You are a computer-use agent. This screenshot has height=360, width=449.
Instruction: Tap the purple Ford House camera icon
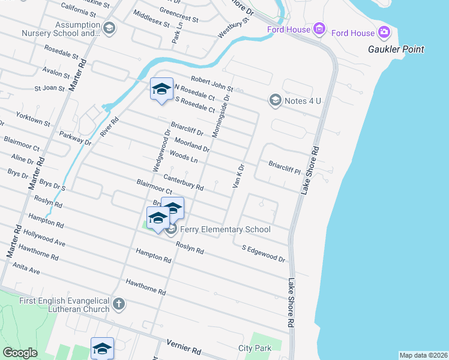[x=384, y=32]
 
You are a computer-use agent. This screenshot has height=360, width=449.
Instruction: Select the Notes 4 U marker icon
[x=276, y=100]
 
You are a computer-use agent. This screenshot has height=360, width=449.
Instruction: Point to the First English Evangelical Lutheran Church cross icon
[x=118, y=304]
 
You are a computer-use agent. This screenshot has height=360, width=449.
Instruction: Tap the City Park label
[x=255, y=348]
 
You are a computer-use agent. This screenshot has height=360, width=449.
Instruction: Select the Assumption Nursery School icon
[x=109, y=28]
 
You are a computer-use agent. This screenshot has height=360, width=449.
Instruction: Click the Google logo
[x=20, y=353]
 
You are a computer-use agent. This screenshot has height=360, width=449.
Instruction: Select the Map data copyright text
[x=423, y=355]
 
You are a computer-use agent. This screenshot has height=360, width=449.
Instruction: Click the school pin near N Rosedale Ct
[x=161, y=90]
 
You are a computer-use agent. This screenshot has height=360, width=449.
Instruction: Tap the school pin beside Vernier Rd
[x=102, y=348]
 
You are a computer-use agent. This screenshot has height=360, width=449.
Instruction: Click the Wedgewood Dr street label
[x=164, y=149]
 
